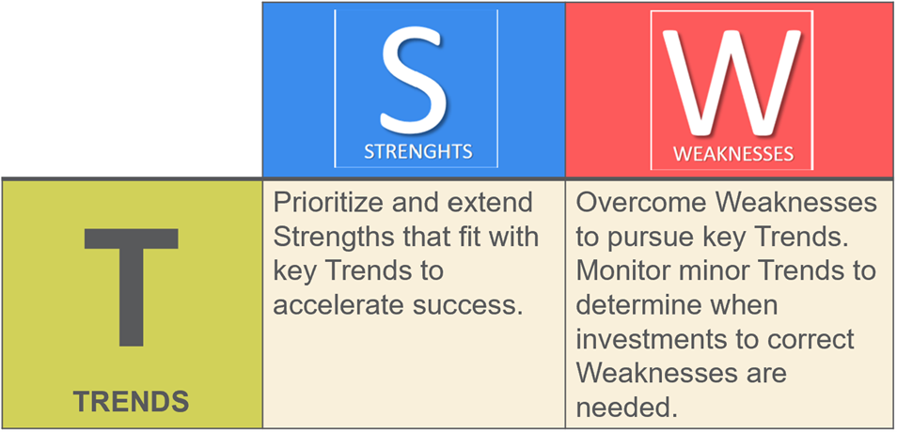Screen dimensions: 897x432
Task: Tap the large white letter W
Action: pyautogui.click(x=732, y=81)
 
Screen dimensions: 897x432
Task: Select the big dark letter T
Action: pyautogui.click(x=131, y=286)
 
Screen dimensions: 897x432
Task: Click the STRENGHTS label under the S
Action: pyautogui.click(x=418, y=152)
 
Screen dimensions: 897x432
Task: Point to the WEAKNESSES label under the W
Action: pyautogui.click(x=732, y=154)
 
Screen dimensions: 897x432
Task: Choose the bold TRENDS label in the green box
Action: pyautogui.click(x=131, y=402)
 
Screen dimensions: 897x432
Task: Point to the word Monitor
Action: pyautogui.click(x=617, y=271)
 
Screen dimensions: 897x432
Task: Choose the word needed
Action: pyautogui.click(x=622, y=407)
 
